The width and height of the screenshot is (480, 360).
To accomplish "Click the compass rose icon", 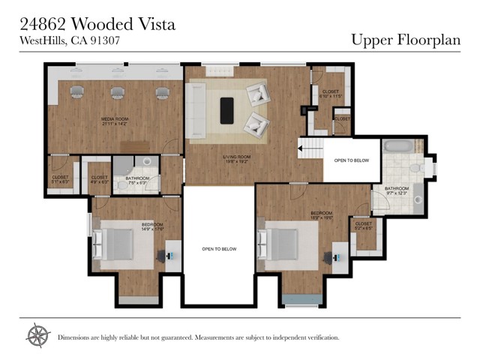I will click(37, 335).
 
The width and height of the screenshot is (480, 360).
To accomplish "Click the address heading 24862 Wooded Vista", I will click(97, 24).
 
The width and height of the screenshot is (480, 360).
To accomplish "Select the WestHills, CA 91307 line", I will click(69, 41).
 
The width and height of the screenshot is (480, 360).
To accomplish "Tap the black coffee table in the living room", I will click(226, 110).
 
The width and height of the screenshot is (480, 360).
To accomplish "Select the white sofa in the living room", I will click(197, 110).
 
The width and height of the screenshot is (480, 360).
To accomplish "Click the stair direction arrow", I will click(307, 149).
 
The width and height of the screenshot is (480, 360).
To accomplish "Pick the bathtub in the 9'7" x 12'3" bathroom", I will click(402, 146).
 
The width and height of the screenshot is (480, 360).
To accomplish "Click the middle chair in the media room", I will click(117, 93).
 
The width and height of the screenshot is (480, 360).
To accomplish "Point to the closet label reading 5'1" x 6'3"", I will click(61, 179).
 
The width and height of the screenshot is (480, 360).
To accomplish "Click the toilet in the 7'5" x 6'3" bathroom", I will click(147, 161).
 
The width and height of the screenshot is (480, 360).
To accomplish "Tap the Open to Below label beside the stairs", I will click(351, 160).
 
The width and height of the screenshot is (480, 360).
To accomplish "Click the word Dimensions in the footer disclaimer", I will click(76, 338).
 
